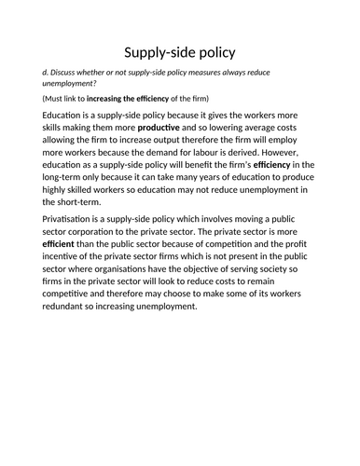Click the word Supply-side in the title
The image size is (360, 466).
tap(154, 53)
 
